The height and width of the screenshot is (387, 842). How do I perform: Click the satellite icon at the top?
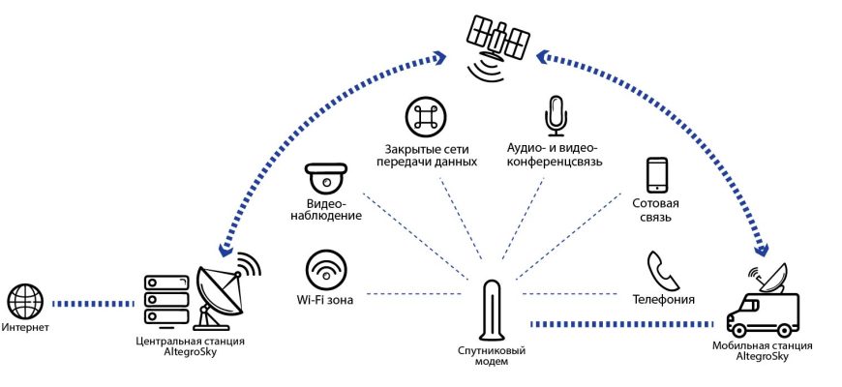click(498, 40)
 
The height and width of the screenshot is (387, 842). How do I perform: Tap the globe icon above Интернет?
click(25, 302)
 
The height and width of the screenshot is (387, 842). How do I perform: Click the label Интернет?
click(26, 329)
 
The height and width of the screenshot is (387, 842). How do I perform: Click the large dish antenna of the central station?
click(222, 290)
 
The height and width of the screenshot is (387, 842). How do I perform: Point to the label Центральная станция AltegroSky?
click(190, 347)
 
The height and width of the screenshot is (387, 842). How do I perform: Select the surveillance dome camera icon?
click(326, 180)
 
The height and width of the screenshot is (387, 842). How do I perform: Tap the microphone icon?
click(556, 115)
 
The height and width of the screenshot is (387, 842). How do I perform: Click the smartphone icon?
click(658, 175)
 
